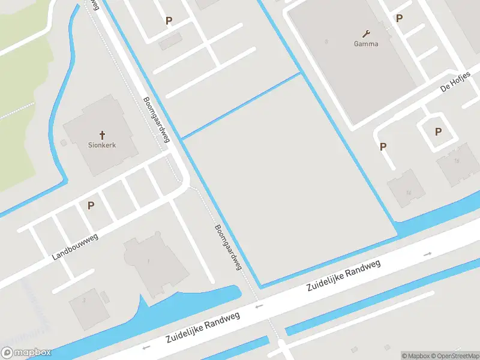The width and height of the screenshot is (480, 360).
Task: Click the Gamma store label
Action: pos(365,44)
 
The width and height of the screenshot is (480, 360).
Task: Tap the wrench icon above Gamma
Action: pos(366,33)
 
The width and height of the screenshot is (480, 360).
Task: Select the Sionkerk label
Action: pos(103,146)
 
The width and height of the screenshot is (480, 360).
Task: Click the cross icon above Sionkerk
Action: pos(103,135)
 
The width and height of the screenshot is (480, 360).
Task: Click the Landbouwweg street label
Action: pos(75,247)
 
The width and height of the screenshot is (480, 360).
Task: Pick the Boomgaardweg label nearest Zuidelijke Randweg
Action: pos(228,247)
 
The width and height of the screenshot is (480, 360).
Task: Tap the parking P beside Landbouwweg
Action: pos(91,205)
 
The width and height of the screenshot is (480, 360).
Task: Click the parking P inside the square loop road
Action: pos(438,132)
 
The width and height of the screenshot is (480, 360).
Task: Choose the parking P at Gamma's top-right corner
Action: pos(399,19)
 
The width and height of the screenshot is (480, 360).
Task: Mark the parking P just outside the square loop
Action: pos(383,146)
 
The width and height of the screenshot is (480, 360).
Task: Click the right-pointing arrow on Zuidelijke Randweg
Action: pos(427,254)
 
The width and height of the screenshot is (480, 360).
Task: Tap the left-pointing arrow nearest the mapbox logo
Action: pos(145,347)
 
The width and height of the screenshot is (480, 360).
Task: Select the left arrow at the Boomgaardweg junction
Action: pos(259,306)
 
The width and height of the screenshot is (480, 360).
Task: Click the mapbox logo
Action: pos(26,353)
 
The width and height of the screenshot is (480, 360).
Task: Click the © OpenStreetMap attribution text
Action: pos(456,356)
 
